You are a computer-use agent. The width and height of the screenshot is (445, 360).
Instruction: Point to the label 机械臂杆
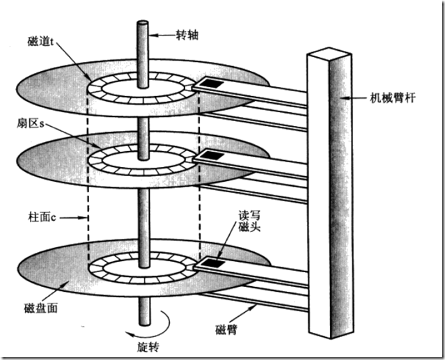393,98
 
